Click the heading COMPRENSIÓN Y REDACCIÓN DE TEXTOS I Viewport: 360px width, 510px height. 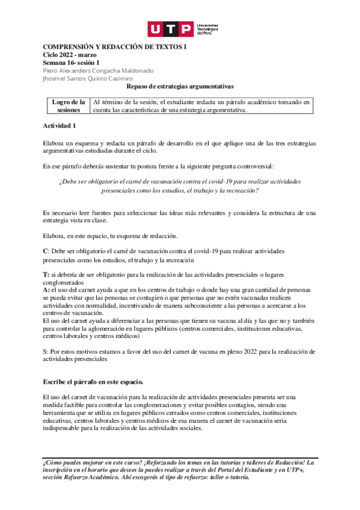tap(115, 47)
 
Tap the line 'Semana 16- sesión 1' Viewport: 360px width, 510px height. tap(72, 62)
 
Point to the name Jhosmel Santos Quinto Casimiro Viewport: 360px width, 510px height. tap(88, 78)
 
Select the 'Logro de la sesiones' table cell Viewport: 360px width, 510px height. tap(68, 106)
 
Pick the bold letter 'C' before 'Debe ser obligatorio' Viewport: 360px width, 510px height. tap(45, 250)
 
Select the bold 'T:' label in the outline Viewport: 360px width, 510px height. tap(46, 274)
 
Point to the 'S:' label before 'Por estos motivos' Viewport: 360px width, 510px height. tap(46, 351)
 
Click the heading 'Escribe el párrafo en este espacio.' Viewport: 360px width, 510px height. tap(93, 382)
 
